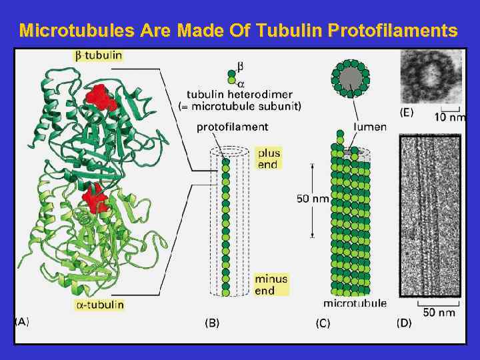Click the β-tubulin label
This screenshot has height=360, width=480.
click(x=97, y=55)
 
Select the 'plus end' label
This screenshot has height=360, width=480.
click(x=267, y=159)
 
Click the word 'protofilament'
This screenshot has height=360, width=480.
click(x=233, y=127)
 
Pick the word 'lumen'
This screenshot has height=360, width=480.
click(x=370, y=127)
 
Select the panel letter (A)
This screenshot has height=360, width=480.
click(x=22, y=321)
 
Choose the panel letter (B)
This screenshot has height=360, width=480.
click(x=211, y=323)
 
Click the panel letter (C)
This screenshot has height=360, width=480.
click(x=323, y=323)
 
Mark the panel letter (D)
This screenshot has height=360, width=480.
click(x=404, y=323)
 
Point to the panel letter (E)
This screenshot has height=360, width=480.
click(x=405, y=113)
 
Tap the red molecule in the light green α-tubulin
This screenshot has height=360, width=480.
click(x=95, y=197)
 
